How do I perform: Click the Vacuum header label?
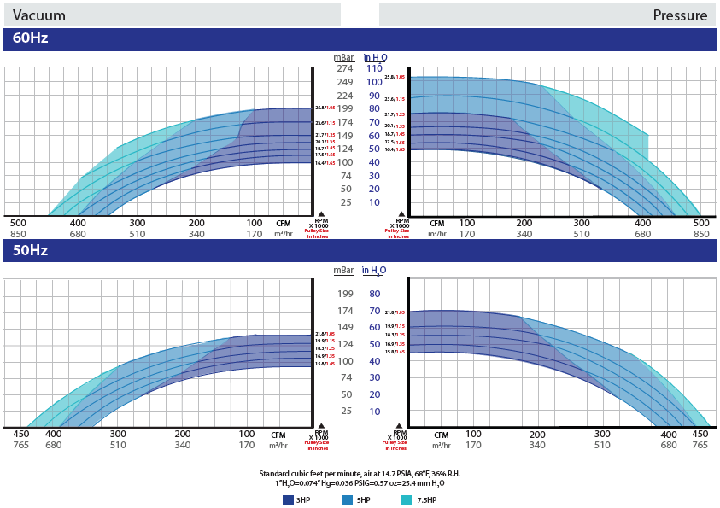pyautogui.click(x=39, y=15)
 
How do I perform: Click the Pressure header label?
pyautogui.click(x=680, y=15)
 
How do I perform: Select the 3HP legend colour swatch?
pyautogui.click(x=287, y=499)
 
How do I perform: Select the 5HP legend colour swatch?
pyautogui.click(x=347, y=499)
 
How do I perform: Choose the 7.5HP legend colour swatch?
pyautogui.click(x=407, y=499)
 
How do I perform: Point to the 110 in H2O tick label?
pyautogui.click(x=374, y=68)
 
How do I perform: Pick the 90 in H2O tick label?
pyautogui.click(x=374, y=96)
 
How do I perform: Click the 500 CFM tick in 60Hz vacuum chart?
pyautogui.click(x=19, y=222)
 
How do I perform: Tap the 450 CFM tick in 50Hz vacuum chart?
pyautogui.click(x=21, y=434)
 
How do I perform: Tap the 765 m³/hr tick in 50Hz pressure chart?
pyautogui.click(x=700, y=445)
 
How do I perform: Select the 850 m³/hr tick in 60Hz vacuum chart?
pyautogui.click(x=19, y=233)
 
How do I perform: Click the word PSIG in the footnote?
pyautogui.click(x=359, y=483)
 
